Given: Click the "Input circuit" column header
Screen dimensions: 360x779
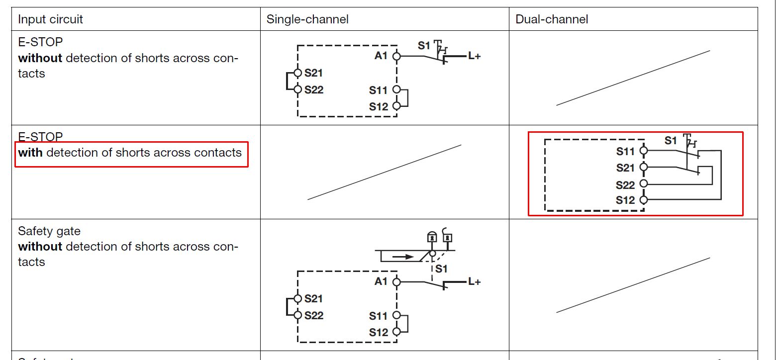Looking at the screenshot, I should point(50,19).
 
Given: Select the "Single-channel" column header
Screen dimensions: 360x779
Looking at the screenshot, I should point(307,19).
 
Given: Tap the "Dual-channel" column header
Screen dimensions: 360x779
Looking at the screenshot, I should point(552,19).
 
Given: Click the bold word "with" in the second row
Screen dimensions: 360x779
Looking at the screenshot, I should point(30,153).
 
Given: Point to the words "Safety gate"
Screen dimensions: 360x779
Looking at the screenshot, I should point(49,231).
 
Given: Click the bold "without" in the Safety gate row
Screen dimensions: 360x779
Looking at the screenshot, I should point(40,247).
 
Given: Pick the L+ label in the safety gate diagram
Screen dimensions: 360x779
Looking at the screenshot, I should point(474,281).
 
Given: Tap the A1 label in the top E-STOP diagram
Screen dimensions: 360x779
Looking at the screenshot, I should point(381,56).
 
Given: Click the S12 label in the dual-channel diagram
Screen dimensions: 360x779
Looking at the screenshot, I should point(625,200).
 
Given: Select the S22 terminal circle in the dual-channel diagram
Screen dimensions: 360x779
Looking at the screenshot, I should point(644,183).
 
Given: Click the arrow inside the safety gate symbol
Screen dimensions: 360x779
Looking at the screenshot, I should point(402,257).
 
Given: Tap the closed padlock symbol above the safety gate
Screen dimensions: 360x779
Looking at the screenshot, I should point(432,238).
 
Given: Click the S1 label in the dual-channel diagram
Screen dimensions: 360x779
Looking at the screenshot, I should point(671,141).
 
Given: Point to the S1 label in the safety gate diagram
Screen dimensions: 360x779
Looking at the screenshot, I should point(441,269).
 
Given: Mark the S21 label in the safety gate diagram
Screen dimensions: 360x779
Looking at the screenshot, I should point(314,298).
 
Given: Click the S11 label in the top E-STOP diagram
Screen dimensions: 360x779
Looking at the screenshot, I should point(378,90).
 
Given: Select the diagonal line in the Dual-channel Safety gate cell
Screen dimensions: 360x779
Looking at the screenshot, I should point(633,285).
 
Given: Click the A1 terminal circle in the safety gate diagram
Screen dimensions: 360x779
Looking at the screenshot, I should point(396,282).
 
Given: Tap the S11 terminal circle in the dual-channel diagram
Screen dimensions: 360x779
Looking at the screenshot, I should point(644,150).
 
